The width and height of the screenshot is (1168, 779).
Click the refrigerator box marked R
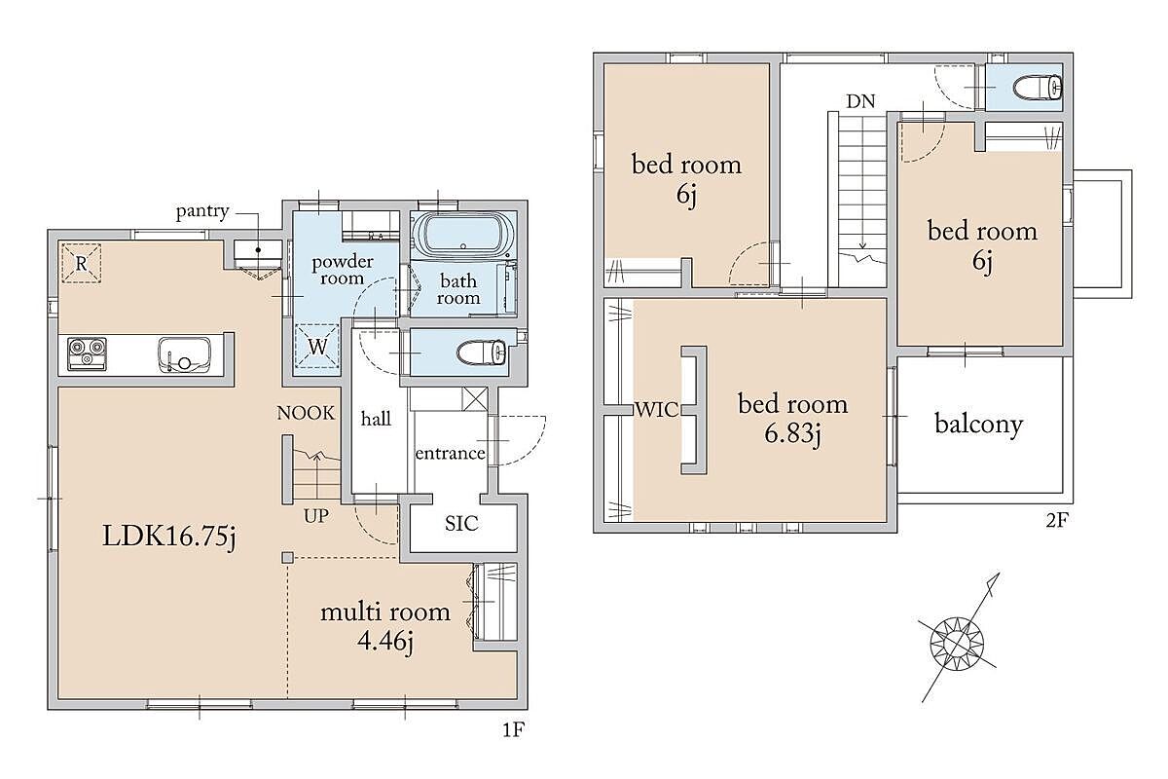click(x=82, y=263)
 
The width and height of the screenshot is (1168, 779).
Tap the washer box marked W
click(x=317, y=346)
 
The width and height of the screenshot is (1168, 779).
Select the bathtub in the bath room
click(x=462, y=235)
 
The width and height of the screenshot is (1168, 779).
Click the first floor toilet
click(x=481, y=352)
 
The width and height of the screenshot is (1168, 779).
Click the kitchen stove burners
click(x=87, y=354)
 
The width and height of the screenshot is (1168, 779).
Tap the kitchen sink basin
click(x=185, y=354)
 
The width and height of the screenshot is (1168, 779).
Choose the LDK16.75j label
click(x=169, y=536)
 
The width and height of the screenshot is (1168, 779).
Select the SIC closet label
click(x=461, y=523)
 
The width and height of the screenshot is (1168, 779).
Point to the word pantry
click(x=202, y=211)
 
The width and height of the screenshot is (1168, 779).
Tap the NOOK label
click(x=306, y=413)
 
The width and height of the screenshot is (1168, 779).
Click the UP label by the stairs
click(x=316, y=516)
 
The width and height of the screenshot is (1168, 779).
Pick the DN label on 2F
click(x=860, y=101)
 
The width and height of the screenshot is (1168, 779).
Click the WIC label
click(x=657, y=410)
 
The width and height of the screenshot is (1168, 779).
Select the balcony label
click(x=979, y=425)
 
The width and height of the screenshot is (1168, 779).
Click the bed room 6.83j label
click(x=793, y=419)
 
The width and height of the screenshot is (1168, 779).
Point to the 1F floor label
click(x=513, y=729)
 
